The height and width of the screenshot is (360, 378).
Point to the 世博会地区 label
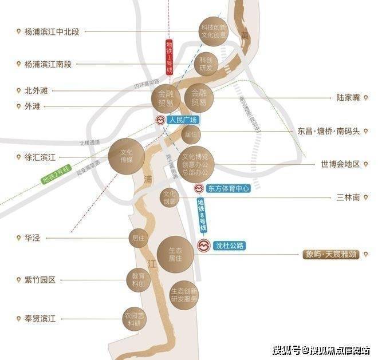(x=340, y=164)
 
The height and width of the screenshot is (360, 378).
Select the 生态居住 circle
(x=175, y=255)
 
